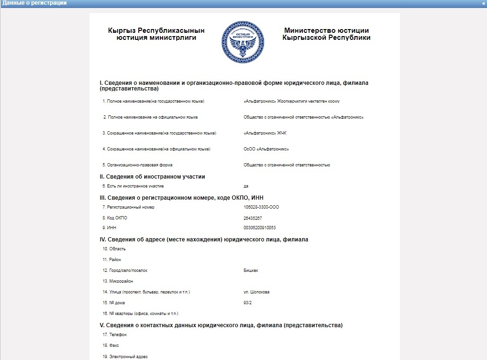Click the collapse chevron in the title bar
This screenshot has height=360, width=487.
pyautogui.click(x=483, y=3)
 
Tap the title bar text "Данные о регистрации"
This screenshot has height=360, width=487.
pyautogui.click(x=34, y=3)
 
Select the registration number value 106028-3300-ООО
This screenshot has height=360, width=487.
pyautogui.click(x=261, y=207)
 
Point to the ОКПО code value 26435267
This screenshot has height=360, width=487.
pyautogui.click(x=253, y=218)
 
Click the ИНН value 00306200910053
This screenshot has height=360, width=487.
pyautogui.click(x=260, y=228)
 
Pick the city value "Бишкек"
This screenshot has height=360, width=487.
pyautogui.click(x=251, y=270)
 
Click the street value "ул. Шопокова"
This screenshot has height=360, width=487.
pyautogui.click(x=256, y=292)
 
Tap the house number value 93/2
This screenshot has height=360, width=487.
pyautogui.click(x=248, y=303)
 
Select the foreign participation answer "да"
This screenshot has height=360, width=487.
pyautogui.click(x=246, y=186)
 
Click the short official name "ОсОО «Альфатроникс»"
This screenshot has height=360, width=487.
pyautogui.click(x=266, y=149)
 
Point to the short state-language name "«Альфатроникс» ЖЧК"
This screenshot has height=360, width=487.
pyautogui.click(x=265, y=133)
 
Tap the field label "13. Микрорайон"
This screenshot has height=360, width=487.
pyautogui.click(x=118, y=281)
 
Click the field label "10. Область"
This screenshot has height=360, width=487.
pyautogui.click(x=114, y=249)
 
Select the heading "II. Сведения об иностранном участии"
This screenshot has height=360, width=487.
pyautogui.click(x=152, y=177)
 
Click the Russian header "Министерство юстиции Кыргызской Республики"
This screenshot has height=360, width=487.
pyautogui.click(x=326, y=34)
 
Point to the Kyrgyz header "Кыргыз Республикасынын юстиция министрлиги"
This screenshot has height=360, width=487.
pyautogui.click(x=156, y=34)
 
